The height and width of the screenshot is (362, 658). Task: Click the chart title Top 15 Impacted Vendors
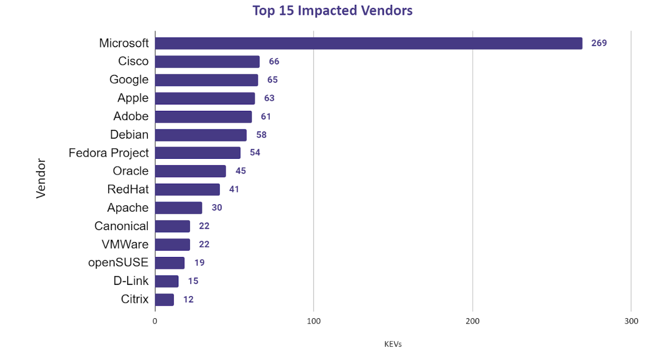(332, 11)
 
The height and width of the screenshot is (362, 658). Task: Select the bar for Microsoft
(368, 43)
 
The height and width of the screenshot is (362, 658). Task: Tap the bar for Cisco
(207, 62)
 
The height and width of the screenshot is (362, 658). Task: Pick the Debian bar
(201, 135)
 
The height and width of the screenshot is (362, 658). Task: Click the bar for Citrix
(164, 300)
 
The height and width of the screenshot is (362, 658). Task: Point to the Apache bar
(178, 208)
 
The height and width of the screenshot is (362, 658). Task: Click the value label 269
(599, 43)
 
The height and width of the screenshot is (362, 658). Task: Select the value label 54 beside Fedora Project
(255, 153)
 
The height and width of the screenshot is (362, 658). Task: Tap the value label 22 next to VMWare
(204, 244)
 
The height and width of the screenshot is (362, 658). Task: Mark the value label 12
(188, 300)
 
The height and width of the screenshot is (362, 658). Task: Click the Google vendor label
(129, 80)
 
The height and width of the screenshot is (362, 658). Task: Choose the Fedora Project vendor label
(109, 153)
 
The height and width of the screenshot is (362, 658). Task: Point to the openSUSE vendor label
(118, 263)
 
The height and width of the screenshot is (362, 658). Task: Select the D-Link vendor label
(131, 281)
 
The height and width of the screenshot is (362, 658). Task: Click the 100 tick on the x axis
(314, 321)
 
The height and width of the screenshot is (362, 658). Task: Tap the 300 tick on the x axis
(631, 321)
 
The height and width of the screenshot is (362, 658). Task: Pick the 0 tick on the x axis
(155, 321)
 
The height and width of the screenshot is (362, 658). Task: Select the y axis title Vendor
(41, 179)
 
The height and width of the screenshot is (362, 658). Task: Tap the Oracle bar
(190, 172)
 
